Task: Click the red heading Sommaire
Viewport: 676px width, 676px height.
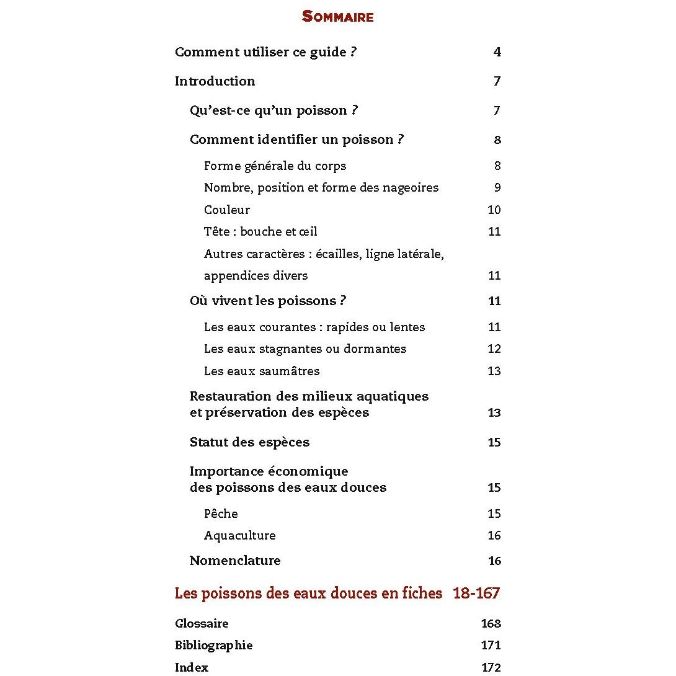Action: pyautogui.click(x=337, y=17)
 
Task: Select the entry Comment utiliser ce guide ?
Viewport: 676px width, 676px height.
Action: pyautogui.click(x=265, y=52)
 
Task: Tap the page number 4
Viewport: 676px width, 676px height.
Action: pyautogui.click(x=497, y=52)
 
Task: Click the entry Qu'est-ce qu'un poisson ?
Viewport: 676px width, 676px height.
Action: pyautogui.click(x=274, y=110)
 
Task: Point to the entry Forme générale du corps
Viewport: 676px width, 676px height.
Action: pyautogui.click(x=275, y=166)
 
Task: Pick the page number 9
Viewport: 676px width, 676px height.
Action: pyautogui.click(x=497, y=187)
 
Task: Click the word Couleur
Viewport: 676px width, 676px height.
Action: pyautogui.click(x=226, y=210)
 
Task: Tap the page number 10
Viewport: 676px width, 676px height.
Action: pyautogui.click(x=494, y=210)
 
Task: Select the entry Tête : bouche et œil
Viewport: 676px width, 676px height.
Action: pyautogui.click(x=260, y=231)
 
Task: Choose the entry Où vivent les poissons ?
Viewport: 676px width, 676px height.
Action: pyautogui.click(x=267, y=301)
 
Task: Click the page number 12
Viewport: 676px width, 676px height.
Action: pyautogui.click(x=494, y=349)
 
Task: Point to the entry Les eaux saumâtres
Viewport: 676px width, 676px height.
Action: pyautogui.click(x=262, y=371)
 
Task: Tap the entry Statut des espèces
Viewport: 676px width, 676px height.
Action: pyautogui.click(x=249, y=442)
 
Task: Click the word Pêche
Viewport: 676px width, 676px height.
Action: pyautogui.click(x=221, y=514)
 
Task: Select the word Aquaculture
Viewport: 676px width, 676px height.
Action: pyautogui.click(x=239, y=535)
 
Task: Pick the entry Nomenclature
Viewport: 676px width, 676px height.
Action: pyautogui.click(x=235, y=561)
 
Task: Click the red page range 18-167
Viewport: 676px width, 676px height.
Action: pyautogui.click(x=476, y=593)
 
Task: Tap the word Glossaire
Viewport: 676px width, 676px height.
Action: pyautogui.click(x=202, y=623)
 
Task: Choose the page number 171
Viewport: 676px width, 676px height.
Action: pyautogui.click(x=491, y=645)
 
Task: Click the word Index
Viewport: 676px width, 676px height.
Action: pyautogui.click(x=192, y=667)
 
